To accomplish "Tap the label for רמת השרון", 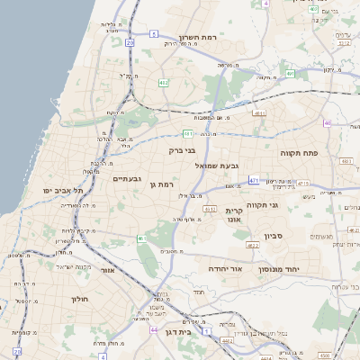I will [199, 38].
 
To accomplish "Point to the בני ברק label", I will [183, 150].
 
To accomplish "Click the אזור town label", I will [109, 269].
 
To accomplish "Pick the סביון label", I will [274, 237].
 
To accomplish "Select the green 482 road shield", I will [163, 83].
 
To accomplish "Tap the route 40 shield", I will [328, 123].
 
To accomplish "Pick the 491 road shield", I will [259, 113].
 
